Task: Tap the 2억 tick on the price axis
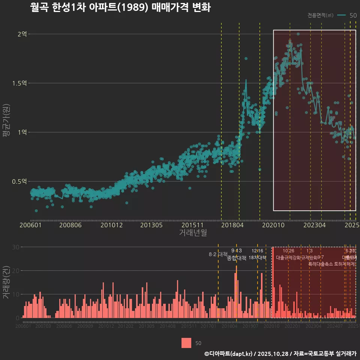(x=22, y=34)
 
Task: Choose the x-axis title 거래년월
(x=193, y=232)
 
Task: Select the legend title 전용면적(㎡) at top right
(x=320, y=15)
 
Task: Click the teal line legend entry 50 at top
(x=347, y=15)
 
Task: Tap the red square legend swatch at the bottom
(x=186, y=343)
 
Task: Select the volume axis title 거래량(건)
(x=6, y=282)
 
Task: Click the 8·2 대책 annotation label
(x=218, y=254)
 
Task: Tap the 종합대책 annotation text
(x=237, y=258)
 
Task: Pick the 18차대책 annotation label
(x=257, y=258)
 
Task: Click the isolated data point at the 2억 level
(x=298, y=34)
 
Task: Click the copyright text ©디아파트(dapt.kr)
(x=229, y=353)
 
